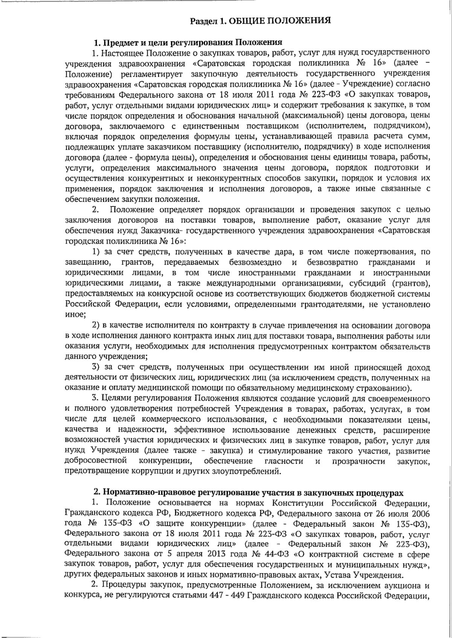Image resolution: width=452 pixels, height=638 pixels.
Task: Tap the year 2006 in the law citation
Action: (x=421, y=513)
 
